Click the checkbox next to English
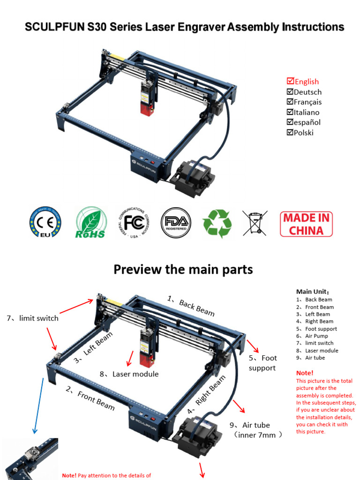tap(290, 82)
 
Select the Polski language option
tap(303, 133)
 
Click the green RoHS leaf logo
tap(91, 223)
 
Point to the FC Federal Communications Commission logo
tap(135, 222)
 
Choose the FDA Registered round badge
tap(176, 222)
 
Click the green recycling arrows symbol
tap(217, 223)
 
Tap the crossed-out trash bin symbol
tap(255, 223)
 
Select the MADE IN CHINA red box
tap(306, 224)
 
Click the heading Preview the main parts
tap(183, 270)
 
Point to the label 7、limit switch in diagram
tap(32, 318)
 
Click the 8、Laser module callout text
tap(129, 374)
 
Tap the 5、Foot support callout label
tap(262, 363)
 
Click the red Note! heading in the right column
tap(305, 373)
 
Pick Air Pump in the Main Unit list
tap(316, 336)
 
